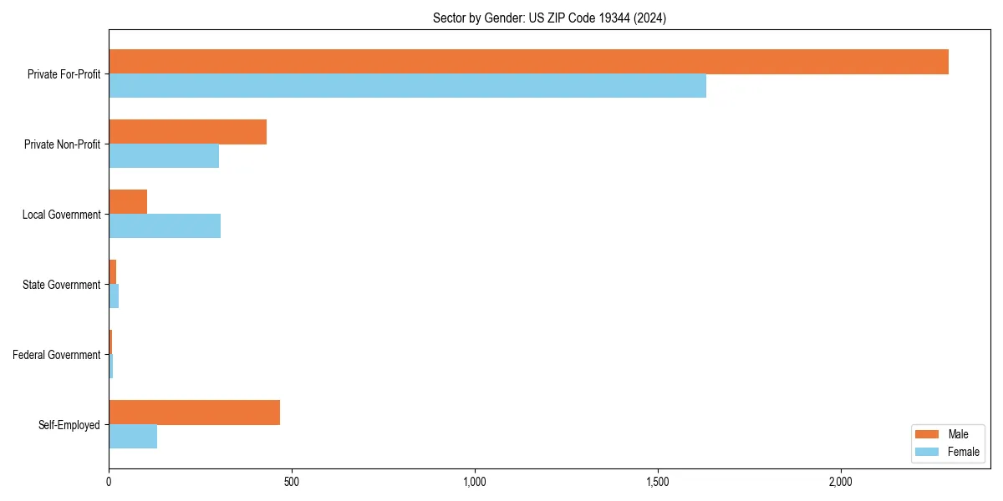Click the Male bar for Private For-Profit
pyautogui.click(x=528, y=62)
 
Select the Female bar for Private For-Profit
pyautogui.click(x=407, y=86)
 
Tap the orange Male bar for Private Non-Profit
pyautogui.click(x=187, y=132)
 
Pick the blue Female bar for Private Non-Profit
pyautogui.click(x=164, y=156)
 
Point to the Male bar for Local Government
pyautogui.click(x=128, y=202)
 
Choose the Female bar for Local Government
pyautogui.click(x=165, y=226)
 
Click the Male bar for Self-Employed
pyautogui.click(x=194, y=412)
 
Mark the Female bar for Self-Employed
pyautogui.click(x=133, y=437)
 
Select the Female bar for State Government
pyautogui.click(x=114, y=296)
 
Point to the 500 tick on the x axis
pyautogui.click(x=292, y=482)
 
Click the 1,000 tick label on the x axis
pyautogui.click(x=474, y=482)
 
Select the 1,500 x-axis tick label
pyautogui.click(x=658, y=482)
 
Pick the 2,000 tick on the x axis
pyautogui.click(x=840, y=482)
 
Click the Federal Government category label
pyautogui.click(x=57, y=355)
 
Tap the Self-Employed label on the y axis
pyautogui.click(x=69, y=425)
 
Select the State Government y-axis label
pyautogui.click(x=62, y=285)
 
